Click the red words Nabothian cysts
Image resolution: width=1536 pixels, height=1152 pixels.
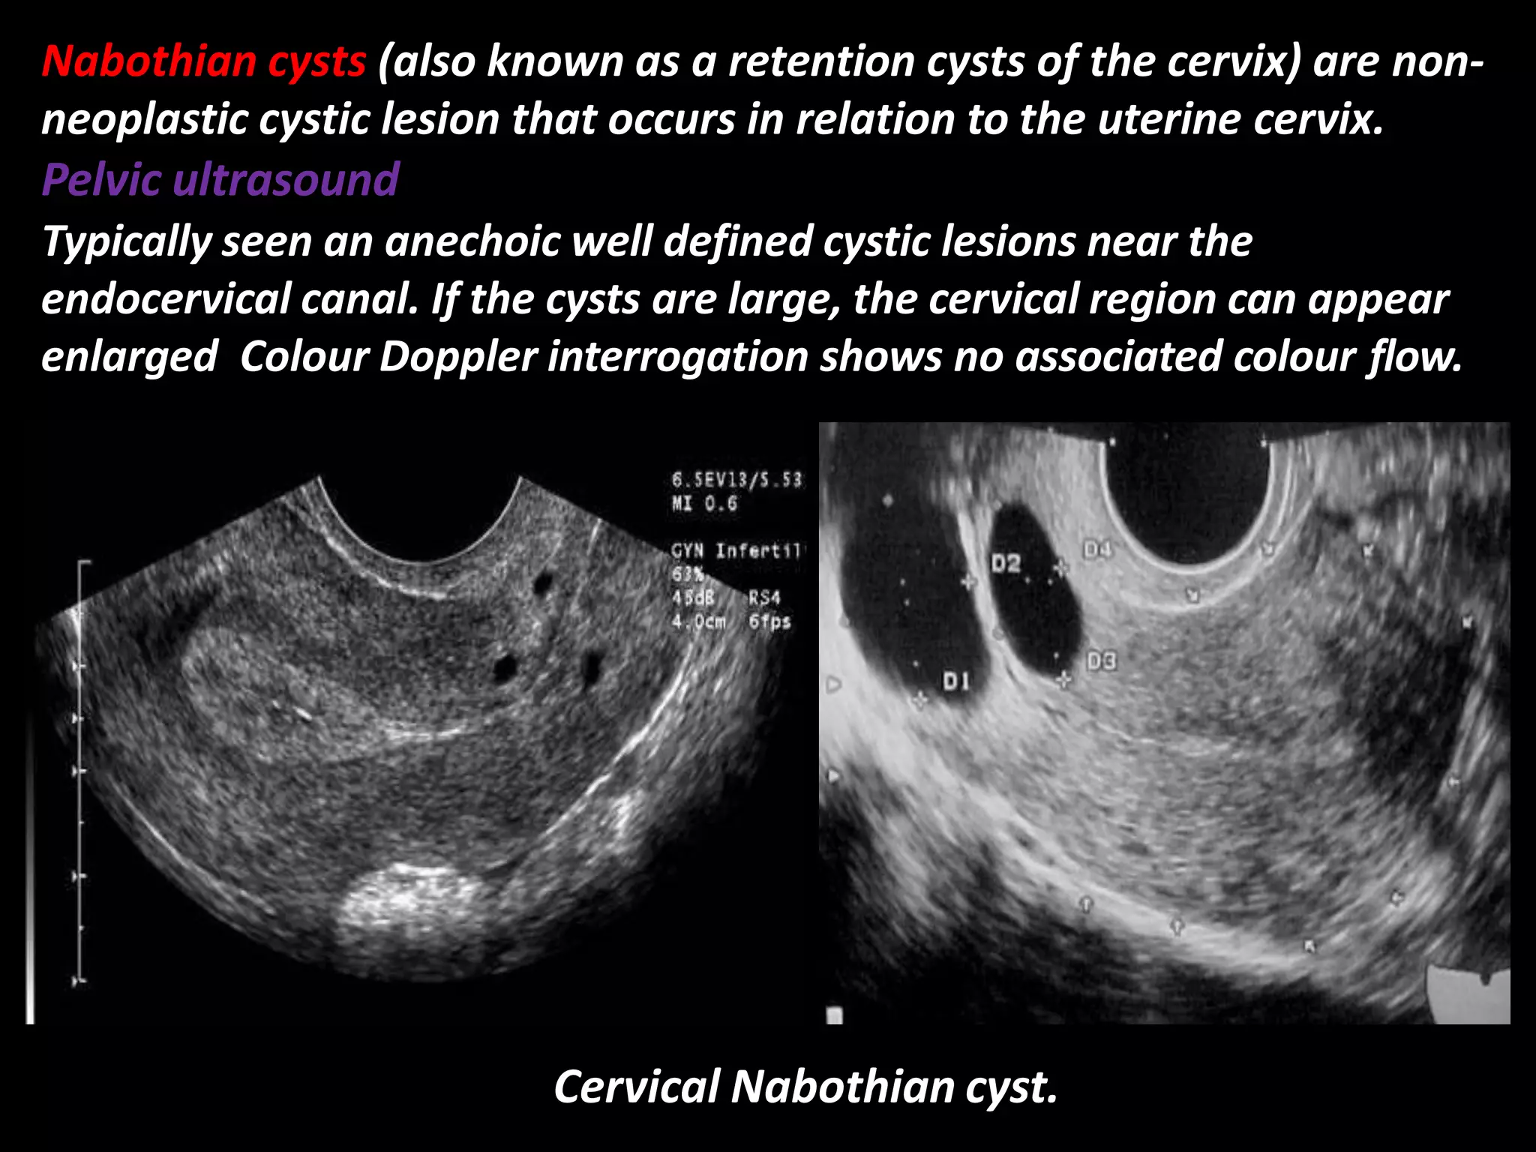(x=203, y=61)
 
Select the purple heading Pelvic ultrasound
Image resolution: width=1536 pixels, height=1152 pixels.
(x=220, y=180)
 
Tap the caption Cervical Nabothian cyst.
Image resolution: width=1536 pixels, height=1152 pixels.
(x=805, y=1087)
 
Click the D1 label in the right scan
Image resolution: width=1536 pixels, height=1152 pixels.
(x=955, y=681)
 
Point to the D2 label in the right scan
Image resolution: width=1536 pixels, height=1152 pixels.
(x=1006, y=562)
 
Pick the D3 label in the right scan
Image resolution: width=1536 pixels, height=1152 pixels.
(x=1100, y=661)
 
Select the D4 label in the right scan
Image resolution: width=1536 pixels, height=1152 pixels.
(x=1096, y=550)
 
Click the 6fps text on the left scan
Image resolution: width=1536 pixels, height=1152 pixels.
(x=769, y=622)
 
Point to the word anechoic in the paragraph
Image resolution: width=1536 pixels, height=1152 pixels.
(x=471, y=241)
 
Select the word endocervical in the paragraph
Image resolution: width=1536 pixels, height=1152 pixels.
(x=165, y=299)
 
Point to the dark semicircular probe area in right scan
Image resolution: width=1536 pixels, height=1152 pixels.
(x=1189, y=495)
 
